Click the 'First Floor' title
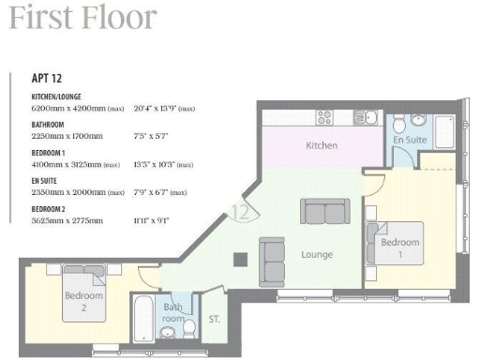[83, 18]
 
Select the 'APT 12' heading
[48, 81]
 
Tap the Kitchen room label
[322, 146]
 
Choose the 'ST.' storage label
[214, 319]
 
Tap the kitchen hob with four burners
[324, 117]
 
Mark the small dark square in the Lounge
[241, 259]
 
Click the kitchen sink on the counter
[370, 117]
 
